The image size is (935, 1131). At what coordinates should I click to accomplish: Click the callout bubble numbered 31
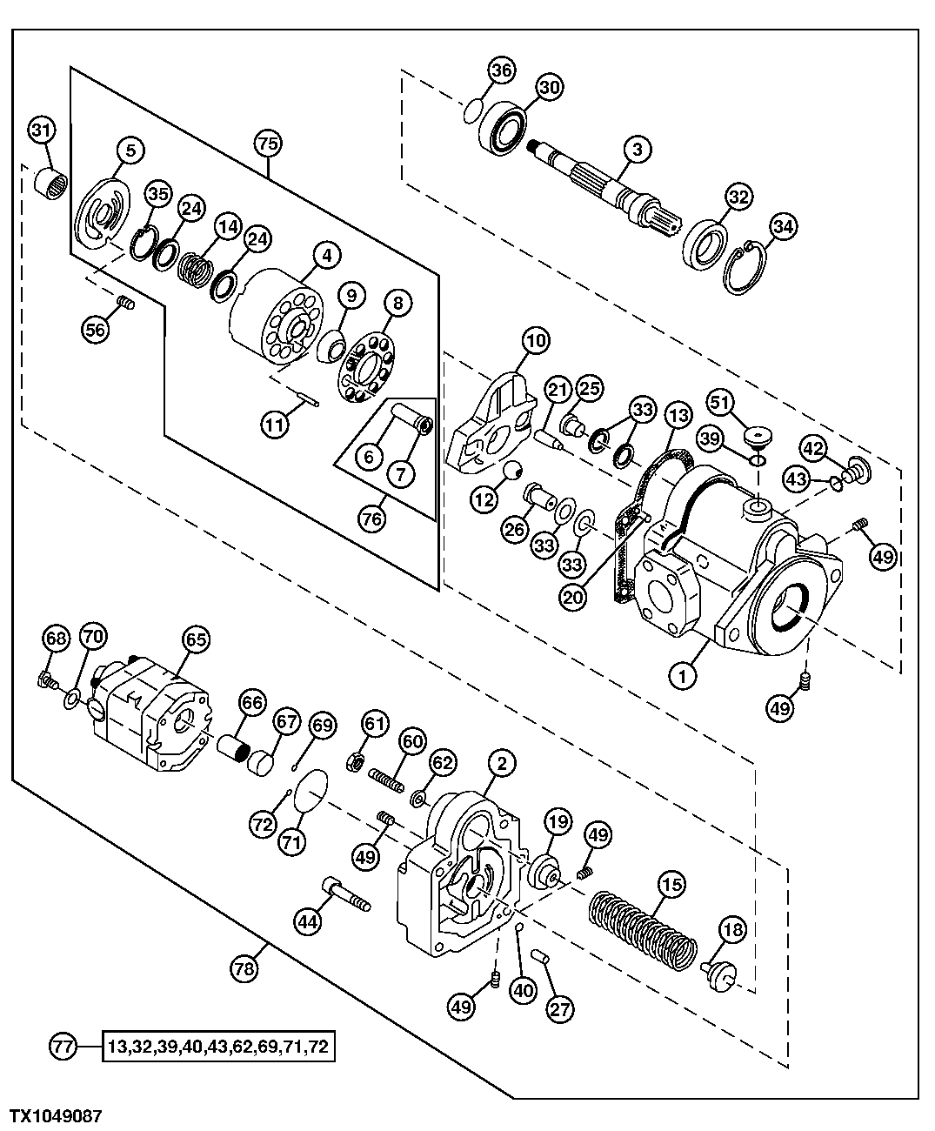pos(41,130)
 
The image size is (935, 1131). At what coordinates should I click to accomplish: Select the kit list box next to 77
pos(218,1046)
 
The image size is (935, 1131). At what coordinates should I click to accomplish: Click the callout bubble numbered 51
pos(721,402)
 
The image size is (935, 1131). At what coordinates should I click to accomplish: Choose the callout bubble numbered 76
pos(371,517)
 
